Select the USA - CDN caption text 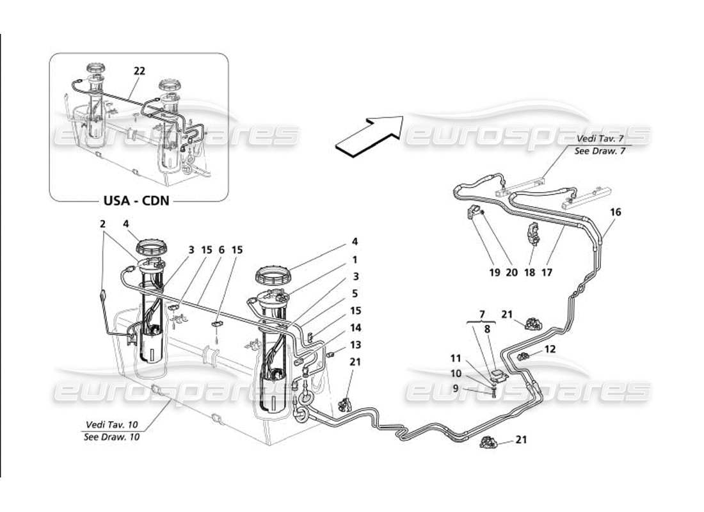pos(136,200)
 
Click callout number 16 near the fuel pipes pos(615,212)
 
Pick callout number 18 pos(529,271)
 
